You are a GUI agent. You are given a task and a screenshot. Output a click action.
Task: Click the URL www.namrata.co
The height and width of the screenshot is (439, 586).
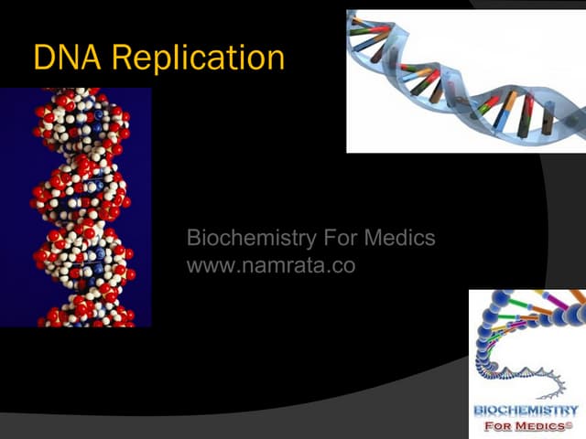click(270, 266)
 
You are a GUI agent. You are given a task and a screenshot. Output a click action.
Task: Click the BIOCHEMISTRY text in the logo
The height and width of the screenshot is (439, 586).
click(526, 411)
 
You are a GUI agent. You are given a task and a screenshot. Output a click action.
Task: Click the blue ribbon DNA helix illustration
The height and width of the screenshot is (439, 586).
click(465, 80)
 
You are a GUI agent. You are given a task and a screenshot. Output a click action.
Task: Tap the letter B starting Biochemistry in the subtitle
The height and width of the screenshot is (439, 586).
click(193, 240)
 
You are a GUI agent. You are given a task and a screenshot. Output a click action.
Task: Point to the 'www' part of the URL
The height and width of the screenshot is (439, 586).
click(205, 267)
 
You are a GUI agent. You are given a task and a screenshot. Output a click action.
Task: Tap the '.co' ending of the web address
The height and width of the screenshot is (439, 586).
click(342, 267)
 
